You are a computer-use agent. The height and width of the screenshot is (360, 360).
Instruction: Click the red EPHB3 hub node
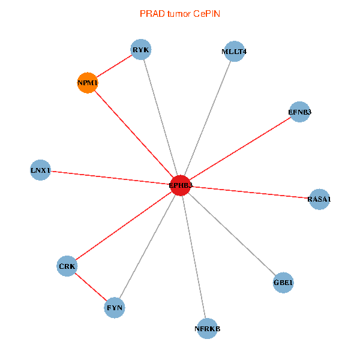coord(181,185)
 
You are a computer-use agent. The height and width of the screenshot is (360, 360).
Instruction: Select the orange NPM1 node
coord(88,83)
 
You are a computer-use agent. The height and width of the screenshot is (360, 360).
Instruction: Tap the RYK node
coord(141,50)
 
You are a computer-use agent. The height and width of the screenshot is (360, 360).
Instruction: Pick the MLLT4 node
coord(234,52)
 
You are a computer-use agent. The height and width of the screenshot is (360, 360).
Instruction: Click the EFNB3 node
coord(299,112)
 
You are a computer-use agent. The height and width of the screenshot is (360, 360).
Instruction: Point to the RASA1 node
coord(319,199)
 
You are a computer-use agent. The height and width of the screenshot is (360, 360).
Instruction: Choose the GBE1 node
coord(283,282)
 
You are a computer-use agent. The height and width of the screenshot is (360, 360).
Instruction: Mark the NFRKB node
coord(208,328)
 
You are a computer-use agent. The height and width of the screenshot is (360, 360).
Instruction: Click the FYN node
coord(115,308)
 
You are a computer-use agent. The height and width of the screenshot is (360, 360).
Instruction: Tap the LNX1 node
coord(40,170)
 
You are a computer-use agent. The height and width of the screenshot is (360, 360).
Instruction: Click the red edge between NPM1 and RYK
coord(114,67)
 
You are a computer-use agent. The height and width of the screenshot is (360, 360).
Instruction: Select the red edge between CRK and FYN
coord(91,287)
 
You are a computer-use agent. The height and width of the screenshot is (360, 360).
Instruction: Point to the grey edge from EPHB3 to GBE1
coord(232,233)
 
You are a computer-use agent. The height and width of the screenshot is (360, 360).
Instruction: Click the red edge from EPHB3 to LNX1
coord(110,178)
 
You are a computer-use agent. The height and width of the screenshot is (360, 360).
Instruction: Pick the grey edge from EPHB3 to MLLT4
coord(207,119)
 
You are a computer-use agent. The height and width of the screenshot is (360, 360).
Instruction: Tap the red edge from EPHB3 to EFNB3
coord(240,149)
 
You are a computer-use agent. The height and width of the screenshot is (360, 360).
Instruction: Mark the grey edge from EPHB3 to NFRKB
coord(194,257)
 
